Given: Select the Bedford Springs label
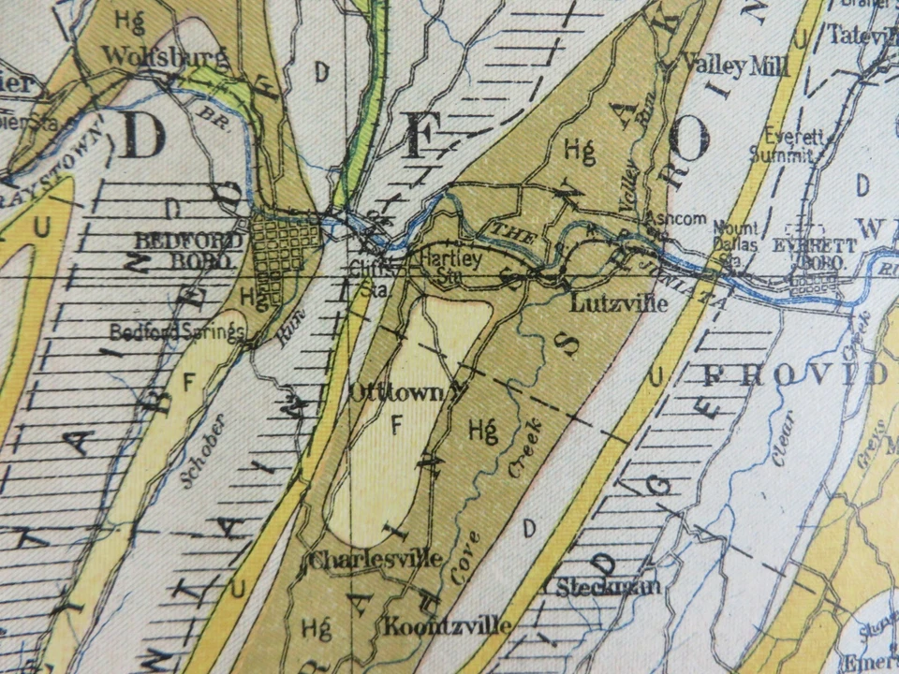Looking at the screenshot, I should point(177,331).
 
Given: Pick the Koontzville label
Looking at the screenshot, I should point(446,625).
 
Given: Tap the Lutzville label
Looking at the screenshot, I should point(607,303).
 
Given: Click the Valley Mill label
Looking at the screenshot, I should point(736,66).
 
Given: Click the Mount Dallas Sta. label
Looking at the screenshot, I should point(734,239).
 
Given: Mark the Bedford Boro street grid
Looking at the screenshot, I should point(287,247).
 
